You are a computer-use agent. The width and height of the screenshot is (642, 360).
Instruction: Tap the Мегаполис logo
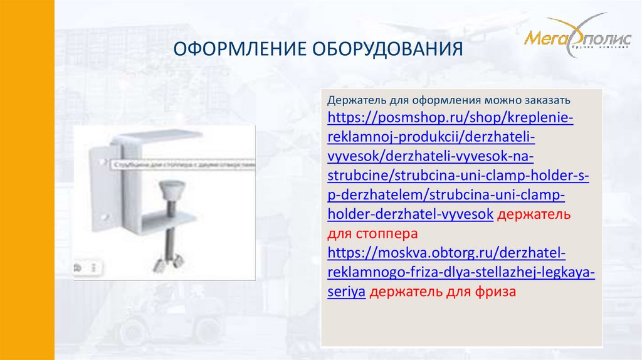(577, 39)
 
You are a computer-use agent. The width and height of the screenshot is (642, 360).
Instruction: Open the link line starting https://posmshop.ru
(450, 117)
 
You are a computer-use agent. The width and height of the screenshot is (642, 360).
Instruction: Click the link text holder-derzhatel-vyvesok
(410, 214)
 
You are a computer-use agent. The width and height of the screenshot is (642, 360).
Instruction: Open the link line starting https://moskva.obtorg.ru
(447, 253)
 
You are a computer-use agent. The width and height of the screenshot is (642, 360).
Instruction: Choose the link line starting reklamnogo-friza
(461, 273)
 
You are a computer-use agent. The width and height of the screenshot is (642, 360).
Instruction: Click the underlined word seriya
(346, 292)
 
